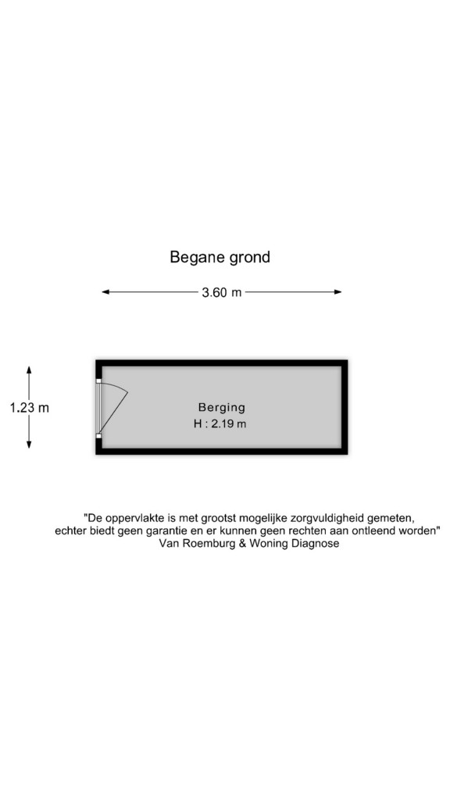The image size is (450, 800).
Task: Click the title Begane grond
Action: click(x=220, y=257)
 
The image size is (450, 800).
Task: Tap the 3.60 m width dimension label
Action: click(x=221, y=292)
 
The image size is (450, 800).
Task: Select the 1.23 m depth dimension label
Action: click(x=30, y=408)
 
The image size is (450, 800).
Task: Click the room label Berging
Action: click(x=221, y=407)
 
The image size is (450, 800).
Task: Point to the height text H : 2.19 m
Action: click(x=220, y=423)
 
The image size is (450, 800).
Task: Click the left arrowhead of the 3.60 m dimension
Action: click(x=106, y=292)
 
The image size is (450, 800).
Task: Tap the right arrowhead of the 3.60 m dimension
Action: click(x=337, y=292)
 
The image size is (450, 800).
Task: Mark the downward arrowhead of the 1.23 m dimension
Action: click(x=29, y=444)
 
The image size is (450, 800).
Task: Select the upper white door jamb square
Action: click(x=98, y=380)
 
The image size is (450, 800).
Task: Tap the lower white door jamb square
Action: click(x=98, y=436)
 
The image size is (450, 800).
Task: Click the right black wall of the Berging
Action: click(x=345, y=407)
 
